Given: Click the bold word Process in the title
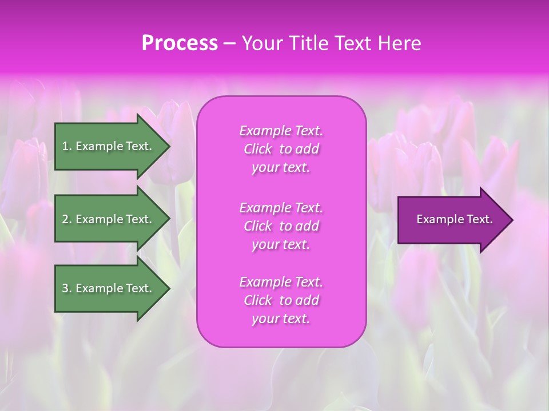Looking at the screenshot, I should pos(180,43).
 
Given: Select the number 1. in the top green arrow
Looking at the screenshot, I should pos(67,146).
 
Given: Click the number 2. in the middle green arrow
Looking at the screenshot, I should pos(67,219).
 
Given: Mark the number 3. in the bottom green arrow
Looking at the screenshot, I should pos(67,288).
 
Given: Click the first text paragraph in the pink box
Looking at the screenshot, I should pos(281,149).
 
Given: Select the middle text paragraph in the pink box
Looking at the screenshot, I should pos(281,226).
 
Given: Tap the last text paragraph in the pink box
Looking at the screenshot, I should pos(281,300).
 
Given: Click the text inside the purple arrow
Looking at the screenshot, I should pos(455,219).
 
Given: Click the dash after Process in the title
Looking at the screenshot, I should pos(229,44).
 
